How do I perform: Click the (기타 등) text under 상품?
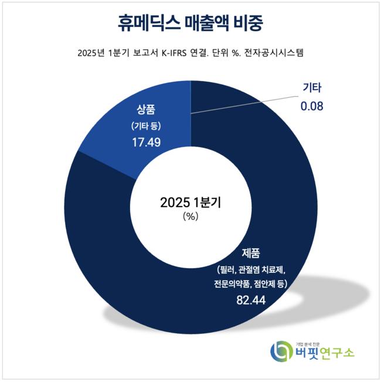coord(147,126)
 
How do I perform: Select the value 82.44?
coord(250,300)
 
